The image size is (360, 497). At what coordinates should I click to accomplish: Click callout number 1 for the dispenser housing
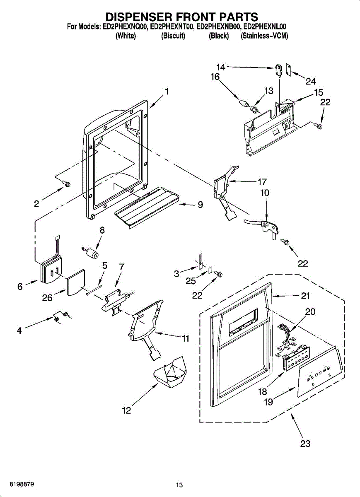point(167,92)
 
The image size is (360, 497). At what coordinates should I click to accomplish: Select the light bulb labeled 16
point(243,102)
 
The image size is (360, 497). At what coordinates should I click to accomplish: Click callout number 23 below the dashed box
point(305,444)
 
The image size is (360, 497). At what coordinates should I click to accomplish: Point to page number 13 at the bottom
point(179,485)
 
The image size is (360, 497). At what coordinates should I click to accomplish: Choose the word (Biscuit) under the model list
point(173,36)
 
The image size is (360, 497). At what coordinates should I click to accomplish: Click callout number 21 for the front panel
point(305,296)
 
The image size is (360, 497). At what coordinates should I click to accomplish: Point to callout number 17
point(262,181)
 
